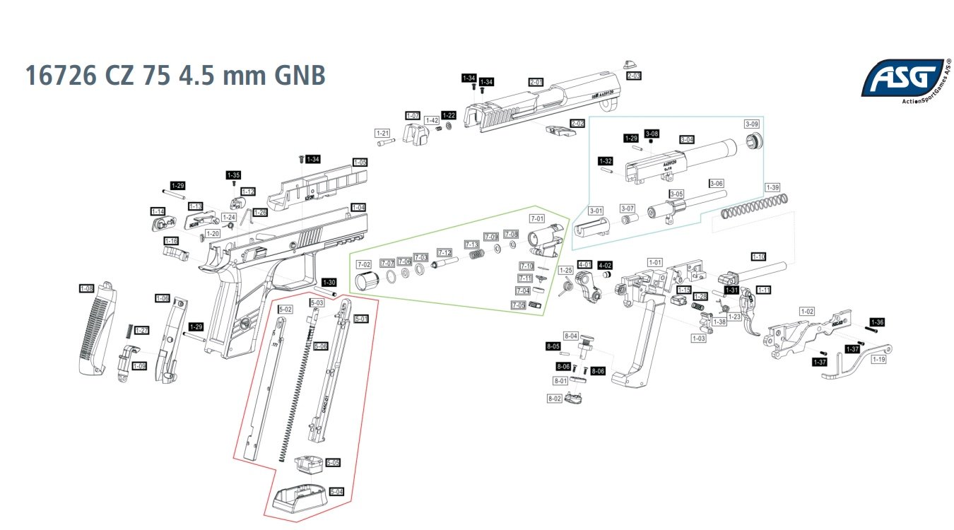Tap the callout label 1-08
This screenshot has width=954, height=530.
click(86, 288)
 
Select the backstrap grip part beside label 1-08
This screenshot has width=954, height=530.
click(95, 329)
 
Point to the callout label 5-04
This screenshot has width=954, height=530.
click(336, 491)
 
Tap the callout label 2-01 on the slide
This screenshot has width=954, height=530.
click(536, 82)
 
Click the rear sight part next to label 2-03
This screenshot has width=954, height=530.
click(631, 64)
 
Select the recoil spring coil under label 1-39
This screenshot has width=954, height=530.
click(753, 206)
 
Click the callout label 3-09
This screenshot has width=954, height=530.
click(752, 124)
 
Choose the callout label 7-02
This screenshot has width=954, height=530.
click(364, 264)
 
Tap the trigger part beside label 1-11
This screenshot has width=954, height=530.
click(749, 311)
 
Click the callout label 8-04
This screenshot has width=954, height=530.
click(570, 336)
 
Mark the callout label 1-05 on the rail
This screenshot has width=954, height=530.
click(360, 163)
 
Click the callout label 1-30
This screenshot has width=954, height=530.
click(329, 282)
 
